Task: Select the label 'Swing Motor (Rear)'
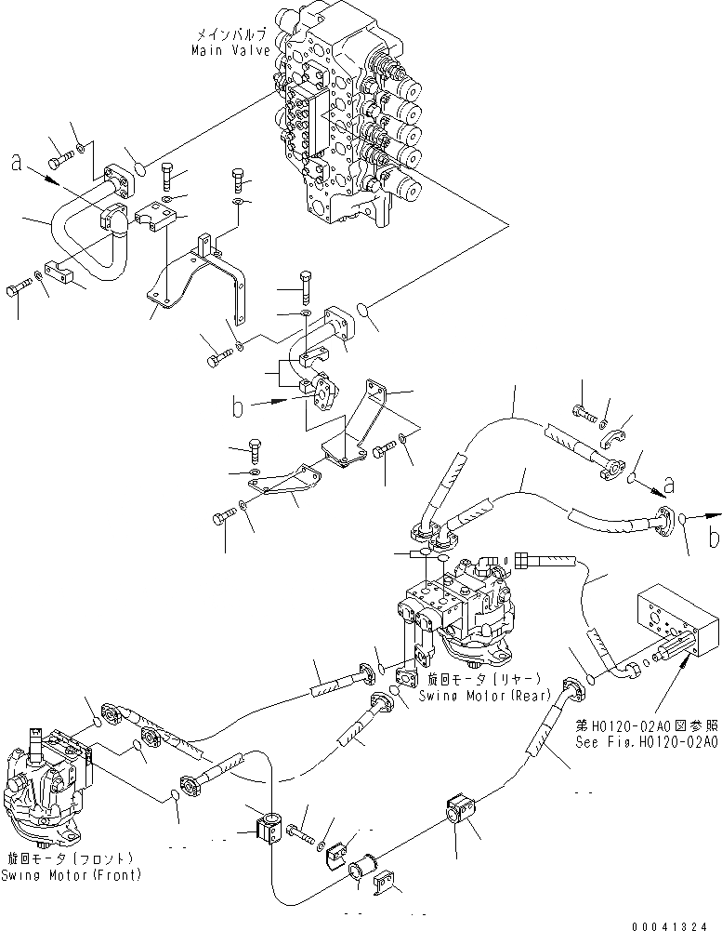pos(484,695)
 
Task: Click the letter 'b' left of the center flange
pos(239,406)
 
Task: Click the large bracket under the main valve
pos(200,279)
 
